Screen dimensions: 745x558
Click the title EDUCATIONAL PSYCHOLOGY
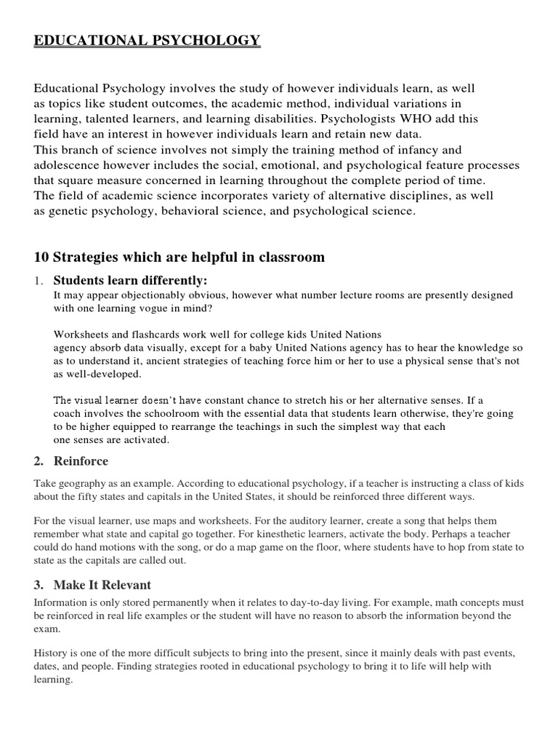tap(147, 41)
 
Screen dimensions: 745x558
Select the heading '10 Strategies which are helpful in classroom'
tap(179, 258)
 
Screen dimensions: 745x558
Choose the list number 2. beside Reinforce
tap(39, 461)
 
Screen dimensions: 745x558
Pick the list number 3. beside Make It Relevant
tap(39, 585)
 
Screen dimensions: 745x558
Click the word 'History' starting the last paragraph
tap(52, 654)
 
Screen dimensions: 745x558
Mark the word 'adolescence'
tap(67, 165)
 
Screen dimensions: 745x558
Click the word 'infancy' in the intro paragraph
tap(405, 150)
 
